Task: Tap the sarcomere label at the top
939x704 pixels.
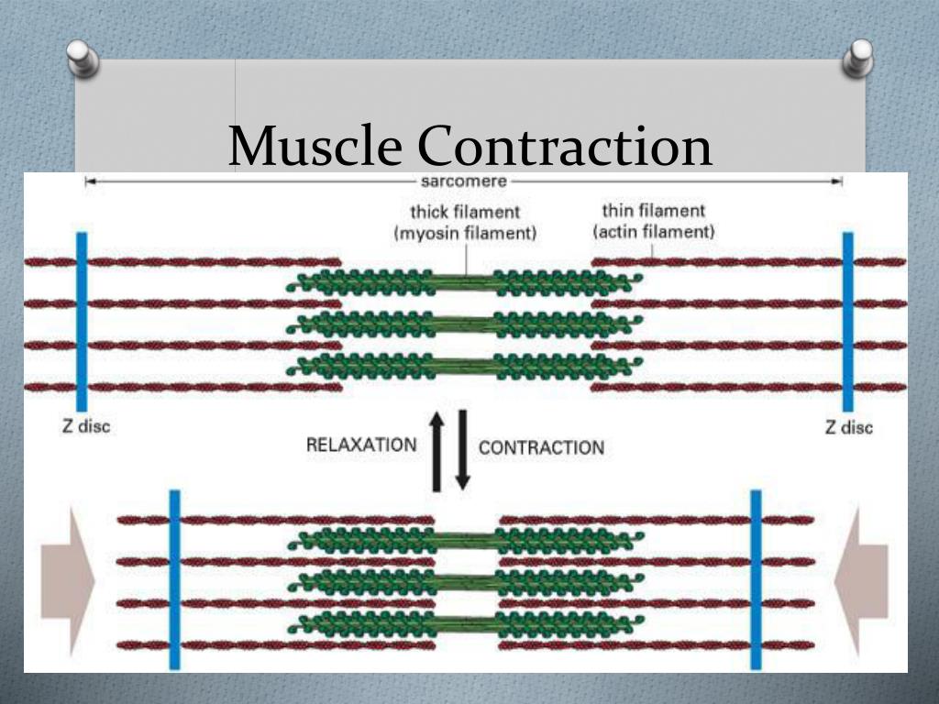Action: [463, 181]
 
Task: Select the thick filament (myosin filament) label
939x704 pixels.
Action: [465, 223]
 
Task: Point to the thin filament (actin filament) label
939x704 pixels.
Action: [653, 221]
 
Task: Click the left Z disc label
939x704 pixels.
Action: [85, 427]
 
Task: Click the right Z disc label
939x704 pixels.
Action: [849, 427]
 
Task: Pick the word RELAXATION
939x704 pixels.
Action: [360, 445]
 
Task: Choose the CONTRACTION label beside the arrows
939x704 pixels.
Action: [541, 447]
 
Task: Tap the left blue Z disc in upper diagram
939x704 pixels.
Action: [82, 321]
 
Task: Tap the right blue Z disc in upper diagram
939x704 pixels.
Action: [847, 321]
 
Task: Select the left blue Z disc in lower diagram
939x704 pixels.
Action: [175, 579]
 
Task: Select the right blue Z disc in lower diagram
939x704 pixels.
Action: [757, 579]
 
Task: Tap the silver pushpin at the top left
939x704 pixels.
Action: [83, 60]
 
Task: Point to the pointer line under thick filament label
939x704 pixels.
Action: [467, 261]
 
